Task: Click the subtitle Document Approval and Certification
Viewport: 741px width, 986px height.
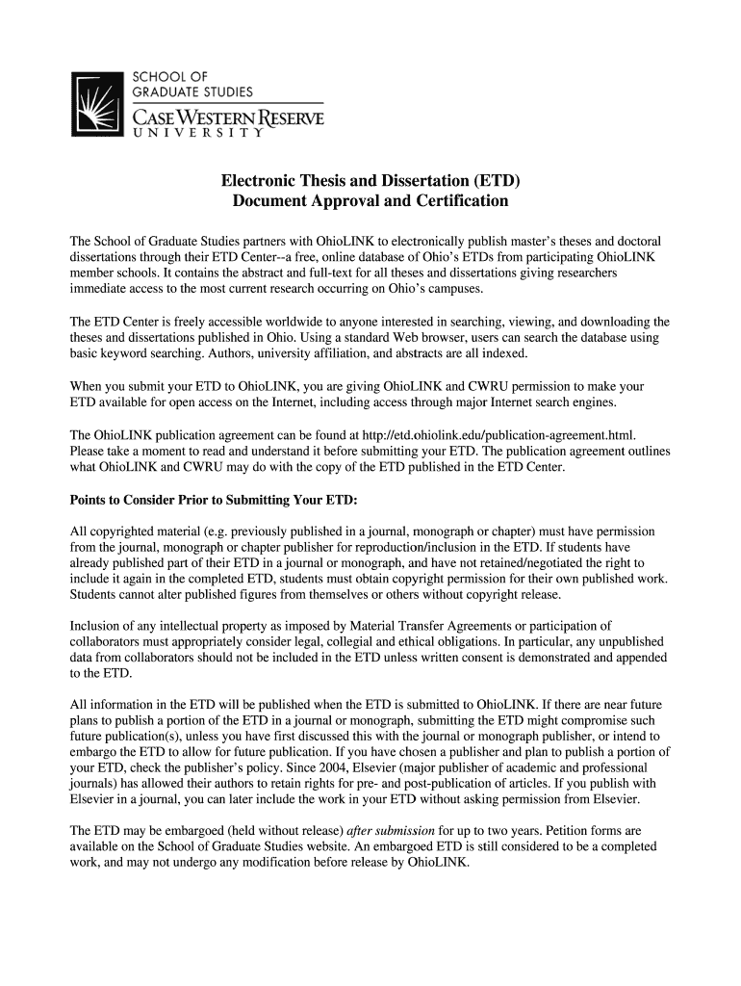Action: point(370,202)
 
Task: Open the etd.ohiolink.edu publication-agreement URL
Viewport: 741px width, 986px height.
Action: point(501,435)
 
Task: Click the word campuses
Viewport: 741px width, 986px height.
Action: point(457,289)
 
